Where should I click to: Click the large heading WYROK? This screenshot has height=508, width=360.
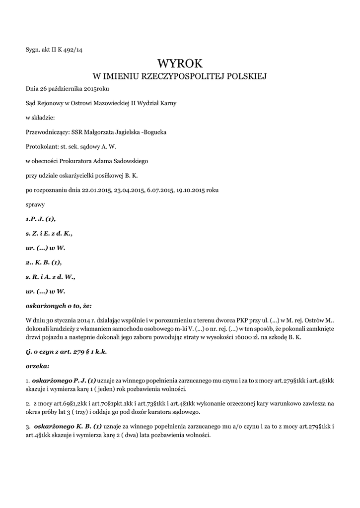point(180,63)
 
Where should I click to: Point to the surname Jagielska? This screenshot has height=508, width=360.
point(123,132)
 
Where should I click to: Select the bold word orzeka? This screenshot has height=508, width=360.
point(37,366)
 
